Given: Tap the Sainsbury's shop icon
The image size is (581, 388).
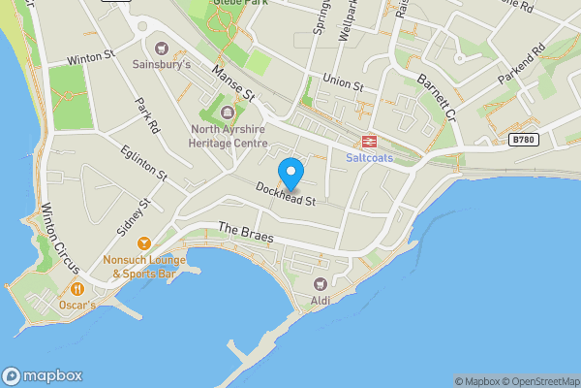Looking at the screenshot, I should tap(161, 48).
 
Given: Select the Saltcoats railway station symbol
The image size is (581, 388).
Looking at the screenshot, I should tap(369, 142).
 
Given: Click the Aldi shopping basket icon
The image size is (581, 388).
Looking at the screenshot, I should tap(320, 283).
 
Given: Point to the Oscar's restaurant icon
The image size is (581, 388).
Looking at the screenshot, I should tap(76, 289).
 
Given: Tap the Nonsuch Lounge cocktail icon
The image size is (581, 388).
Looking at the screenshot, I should tap(144, 242).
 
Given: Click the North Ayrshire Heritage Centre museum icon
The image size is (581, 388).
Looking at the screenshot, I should tap(229, 124).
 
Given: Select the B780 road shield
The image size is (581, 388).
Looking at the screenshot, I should tap(522, 140).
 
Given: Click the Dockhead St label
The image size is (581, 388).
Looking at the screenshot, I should tap(287, 195).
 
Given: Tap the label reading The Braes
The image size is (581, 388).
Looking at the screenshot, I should tap(246, 234).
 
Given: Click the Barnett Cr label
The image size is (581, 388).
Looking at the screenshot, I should tap(437, 95).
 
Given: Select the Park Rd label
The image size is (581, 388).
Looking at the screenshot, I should tap(147, 115).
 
